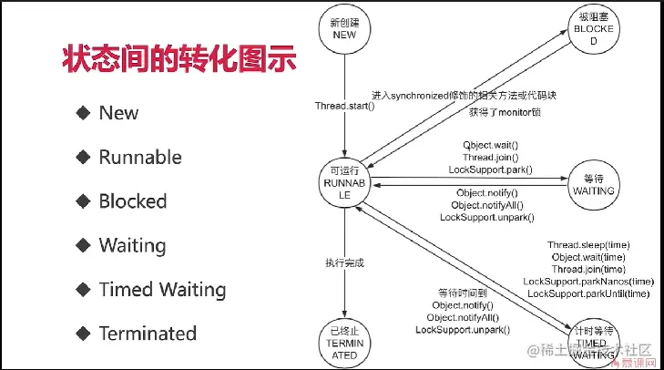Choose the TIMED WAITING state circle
593,335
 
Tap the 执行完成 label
344,262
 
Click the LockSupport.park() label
490,170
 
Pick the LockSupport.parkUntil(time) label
588,293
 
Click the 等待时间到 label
463,293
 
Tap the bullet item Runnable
140,158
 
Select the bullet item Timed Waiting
162,290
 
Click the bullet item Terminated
148,334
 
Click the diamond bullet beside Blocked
83,200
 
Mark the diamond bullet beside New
83,113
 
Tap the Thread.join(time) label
588,270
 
